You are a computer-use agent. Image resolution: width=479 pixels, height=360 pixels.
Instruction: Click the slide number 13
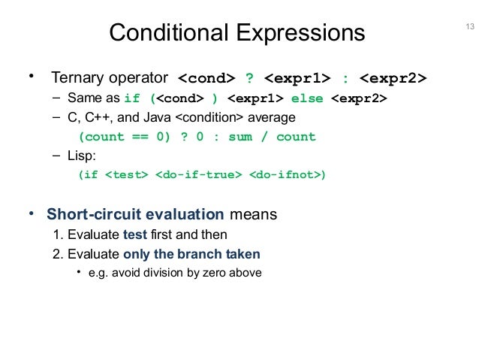[x=471, y=29]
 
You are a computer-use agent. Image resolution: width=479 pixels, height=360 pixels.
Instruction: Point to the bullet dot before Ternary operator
[x=32, y=77]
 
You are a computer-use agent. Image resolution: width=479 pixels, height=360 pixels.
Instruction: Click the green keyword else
[x=309, y=98]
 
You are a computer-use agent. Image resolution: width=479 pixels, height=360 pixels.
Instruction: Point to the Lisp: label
[x=82, y=156]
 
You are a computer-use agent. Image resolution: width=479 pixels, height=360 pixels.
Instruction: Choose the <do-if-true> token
[x=199, y=176]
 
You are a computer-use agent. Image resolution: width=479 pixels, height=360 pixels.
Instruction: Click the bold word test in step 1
[x=134, y=234]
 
